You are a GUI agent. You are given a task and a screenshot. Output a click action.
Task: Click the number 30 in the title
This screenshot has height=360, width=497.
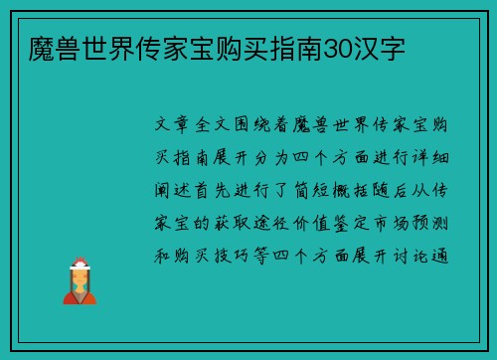click(x=335, y=48)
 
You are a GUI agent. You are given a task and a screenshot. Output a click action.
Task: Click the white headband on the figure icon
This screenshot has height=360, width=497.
click(x=80, y=265)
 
